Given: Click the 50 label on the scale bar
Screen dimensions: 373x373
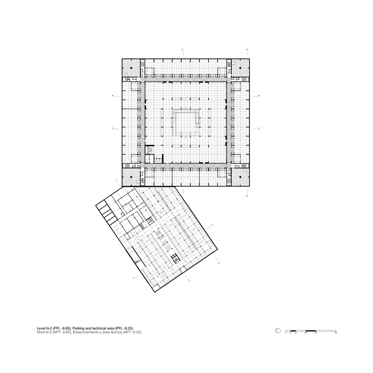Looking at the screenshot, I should [x=336, y=333].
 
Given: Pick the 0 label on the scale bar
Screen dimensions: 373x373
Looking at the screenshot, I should [x=286, y=333].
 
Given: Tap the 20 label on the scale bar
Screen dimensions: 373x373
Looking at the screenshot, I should [x=306, y=333].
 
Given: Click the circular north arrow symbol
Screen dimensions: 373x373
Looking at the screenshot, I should [x=278, y=330].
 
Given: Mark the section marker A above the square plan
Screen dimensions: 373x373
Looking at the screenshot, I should [x=182, y=50].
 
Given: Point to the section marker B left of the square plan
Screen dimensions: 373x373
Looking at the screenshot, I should [x=113, y=96].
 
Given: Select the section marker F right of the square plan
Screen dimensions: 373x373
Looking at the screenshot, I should [x=259, y=128].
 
